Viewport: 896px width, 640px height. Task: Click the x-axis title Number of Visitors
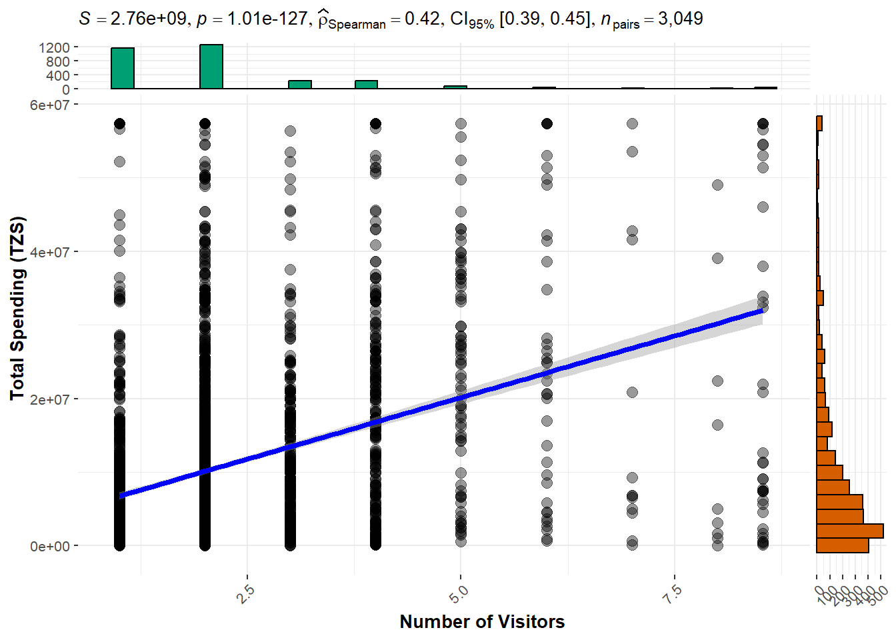482,621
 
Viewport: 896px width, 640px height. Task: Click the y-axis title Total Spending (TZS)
17,308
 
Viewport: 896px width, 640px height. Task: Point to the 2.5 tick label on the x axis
245,593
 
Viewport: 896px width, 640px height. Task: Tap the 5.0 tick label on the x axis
459,593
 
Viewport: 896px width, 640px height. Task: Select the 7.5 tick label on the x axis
673,593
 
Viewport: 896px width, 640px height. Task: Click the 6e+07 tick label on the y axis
49,105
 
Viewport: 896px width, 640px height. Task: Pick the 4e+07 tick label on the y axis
49,252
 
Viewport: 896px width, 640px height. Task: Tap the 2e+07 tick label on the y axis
49,399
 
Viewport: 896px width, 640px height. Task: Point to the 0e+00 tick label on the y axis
49,547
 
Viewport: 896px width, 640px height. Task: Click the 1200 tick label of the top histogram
54,47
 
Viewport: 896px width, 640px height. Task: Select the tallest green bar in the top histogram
211,67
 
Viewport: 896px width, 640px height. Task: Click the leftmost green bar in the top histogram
123,68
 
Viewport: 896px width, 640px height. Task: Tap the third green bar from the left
300,85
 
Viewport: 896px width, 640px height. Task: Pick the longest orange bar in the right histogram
850,531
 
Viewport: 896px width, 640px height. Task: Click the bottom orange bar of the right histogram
843,545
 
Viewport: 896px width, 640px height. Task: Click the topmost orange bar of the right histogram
819,123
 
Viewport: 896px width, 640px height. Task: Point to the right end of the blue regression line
762,311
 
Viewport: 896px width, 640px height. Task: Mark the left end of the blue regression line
121,495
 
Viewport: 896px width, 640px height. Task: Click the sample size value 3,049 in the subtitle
680,19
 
